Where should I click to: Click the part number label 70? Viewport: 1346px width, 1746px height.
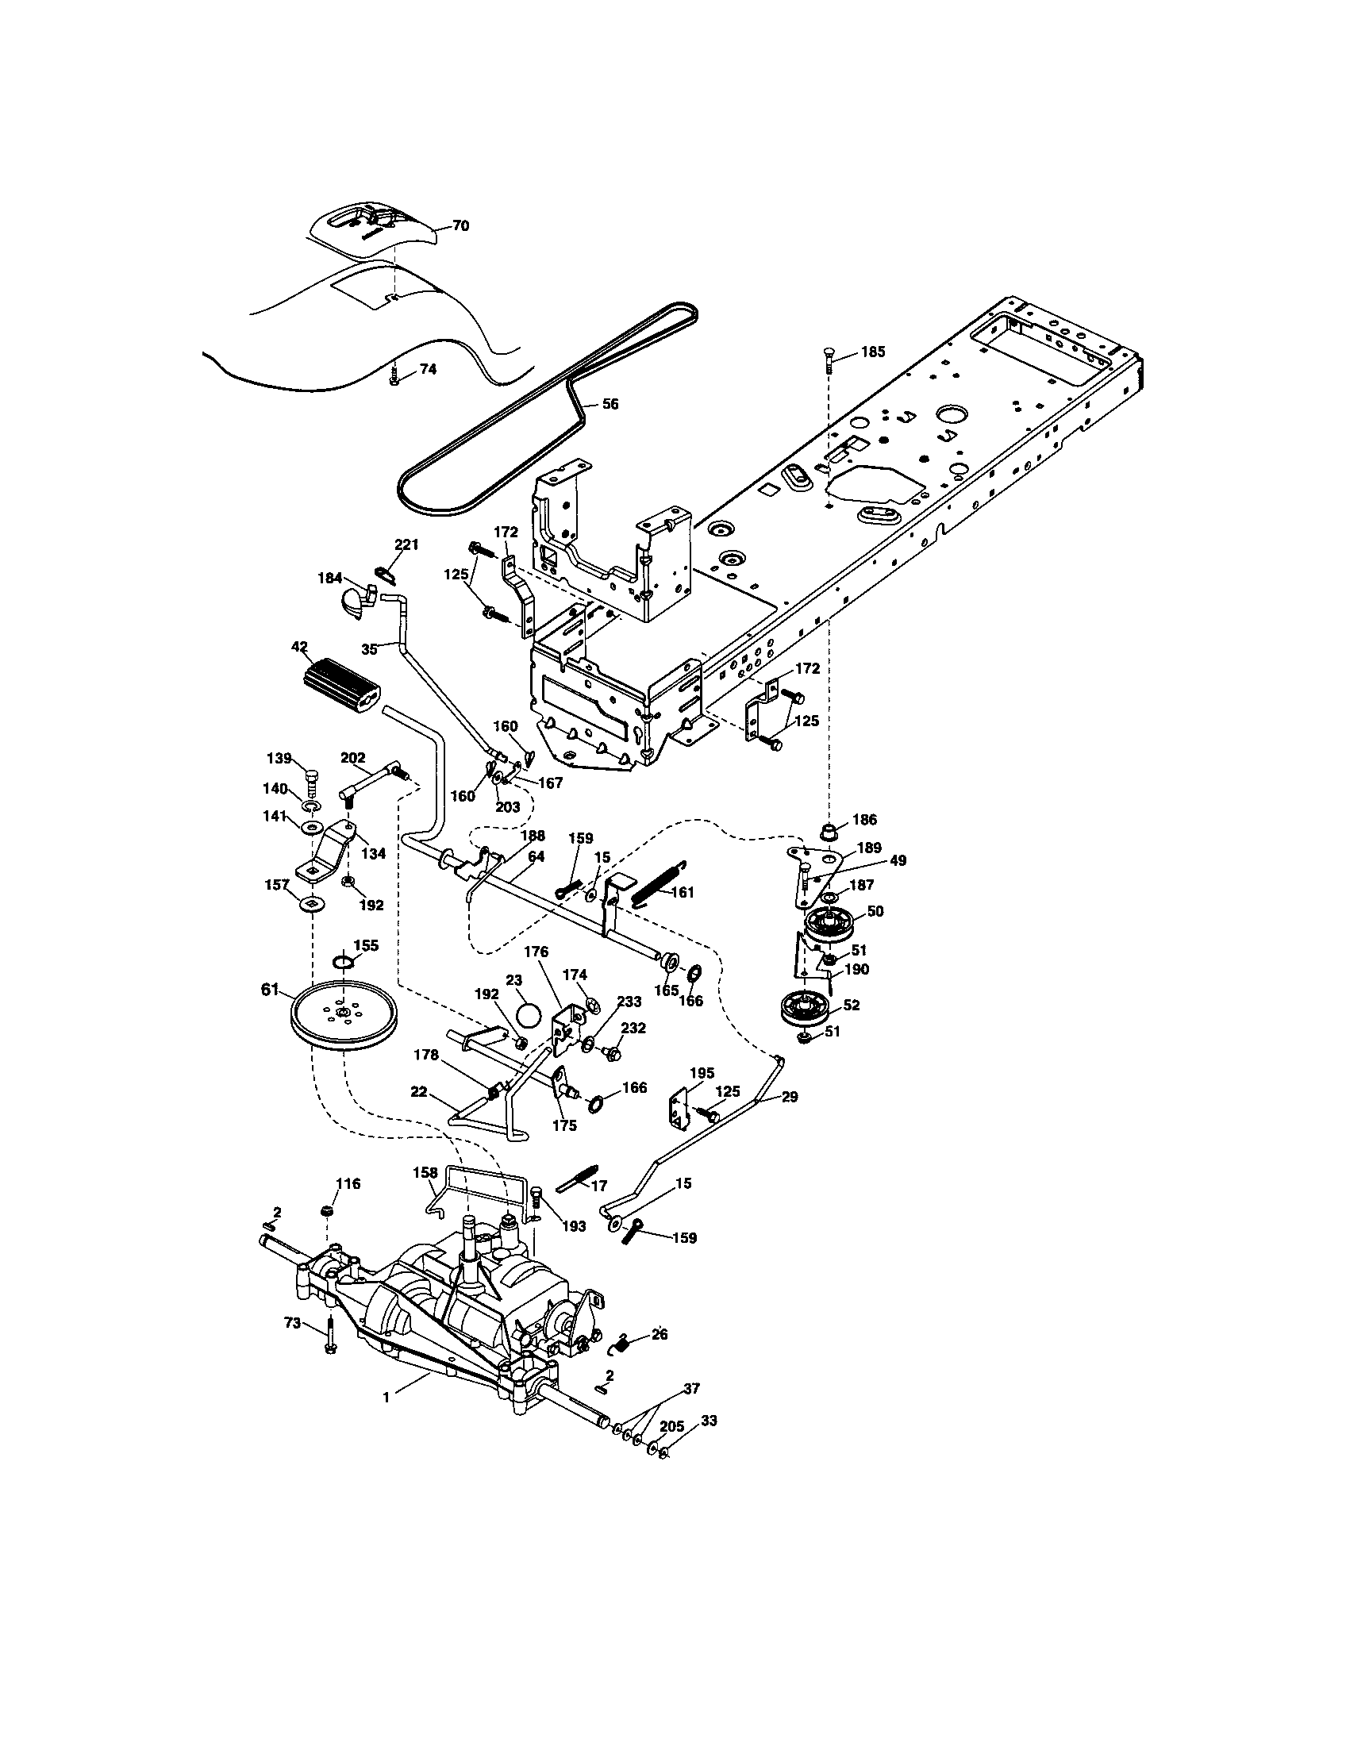point(460,226)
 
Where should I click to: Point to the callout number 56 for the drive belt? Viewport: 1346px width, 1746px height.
point(610,405)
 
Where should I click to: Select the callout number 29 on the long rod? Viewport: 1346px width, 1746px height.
point(790,1097)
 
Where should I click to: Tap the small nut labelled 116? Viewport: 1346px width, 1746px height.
point(326,1212)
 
